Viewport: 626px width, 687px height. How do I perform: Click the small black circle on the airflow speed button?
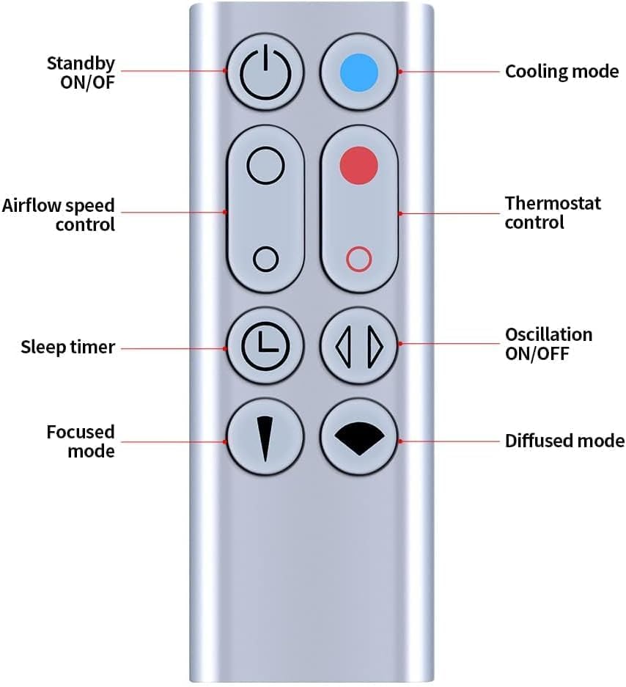pyautogui.click(x=265, y=259)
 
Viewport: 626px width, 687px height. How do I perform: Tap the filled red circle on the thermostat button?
pyautogui.click(x=358, y=165)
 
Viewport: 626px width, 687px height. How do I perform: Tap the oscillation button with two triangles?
pyautogui.click(x=358, y=345)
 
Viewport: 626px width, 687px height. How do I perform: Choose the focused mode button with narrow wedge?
pyautogui.click(x=265, y=437)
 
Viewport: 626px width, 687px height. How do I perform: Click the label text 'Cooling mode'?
pyautogui.click(x=561, y=71)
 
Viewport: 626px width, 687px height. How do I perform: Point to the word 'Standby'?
pyautogui.click(x=81, y=64)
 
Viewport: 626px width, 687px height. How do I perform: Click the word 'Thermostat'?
pyautogui.click(x=553, y=203)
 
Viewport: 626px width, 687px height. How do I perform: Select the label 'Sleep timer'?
pyautogui.click(x=68, y=347)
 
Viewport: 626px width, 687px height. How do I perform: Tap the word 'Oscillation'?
pyautogui.click(x=548, y=335)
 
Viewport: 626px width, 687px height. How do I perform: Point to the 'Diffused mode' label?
pyautogui.click(x=564, y=441)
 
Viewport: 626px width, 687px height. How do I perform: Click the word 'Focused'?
pyautogui.click(x=81, y=432)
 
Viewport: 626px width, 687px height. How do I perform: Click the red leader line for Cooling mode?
pyautogui.click(x=450, y=71)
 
